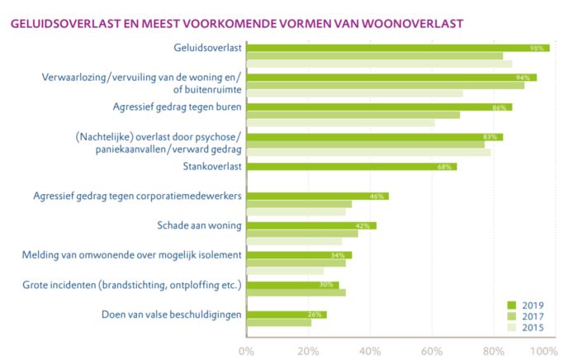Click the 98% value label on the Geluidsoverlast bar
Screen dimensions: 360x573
coord(536,49)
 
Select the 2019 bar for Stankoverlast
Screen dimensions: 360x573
coord(351,167)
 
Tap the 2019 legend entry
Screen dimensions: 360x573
coord(528,305)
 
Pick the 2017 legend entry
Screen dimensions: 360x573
coord(528,316)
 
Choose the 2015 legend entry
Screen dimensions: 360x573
coord(528,328)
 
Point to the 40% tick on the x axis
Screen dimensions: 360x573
coord(370,351)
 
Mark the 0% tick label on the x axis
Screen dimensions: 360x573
coord(247,351)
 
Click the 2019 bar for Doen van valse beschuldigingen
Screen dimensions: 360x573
coord(286,315)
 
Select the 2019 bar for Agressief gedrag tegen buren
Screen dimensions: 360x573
coord(379,107)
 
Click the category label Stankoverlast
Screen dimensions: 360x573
coord(211,167)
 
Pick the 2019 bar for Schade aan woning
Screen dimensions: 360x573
coord(311,225)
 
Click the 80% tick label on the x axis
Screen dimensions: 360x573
coord(493,351)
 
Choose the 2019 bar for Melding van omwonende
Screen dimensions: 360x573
coord(299,255)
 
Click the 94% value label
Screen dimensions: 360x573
coord(523,78)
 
